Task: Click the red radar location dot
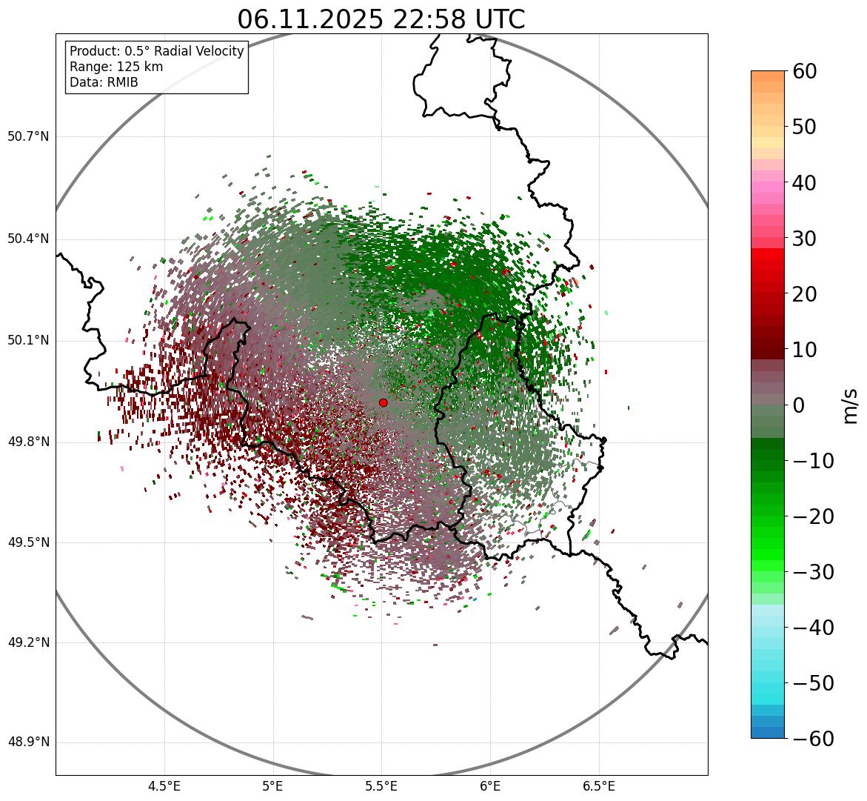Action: pos(383,402)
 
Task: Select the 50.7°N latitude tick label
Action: pos(28,137)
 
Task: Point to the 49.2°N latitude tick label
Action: pos(28,642)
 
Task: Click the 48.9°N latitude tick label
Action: pos(28,742)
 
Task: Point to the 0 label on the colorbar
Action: pos(799,405)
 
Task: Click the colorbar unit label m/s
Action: pos(851,405)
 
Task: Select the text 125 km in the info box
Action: pos(141,67)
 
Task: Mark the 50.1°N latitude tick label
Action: pos(28,341)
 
